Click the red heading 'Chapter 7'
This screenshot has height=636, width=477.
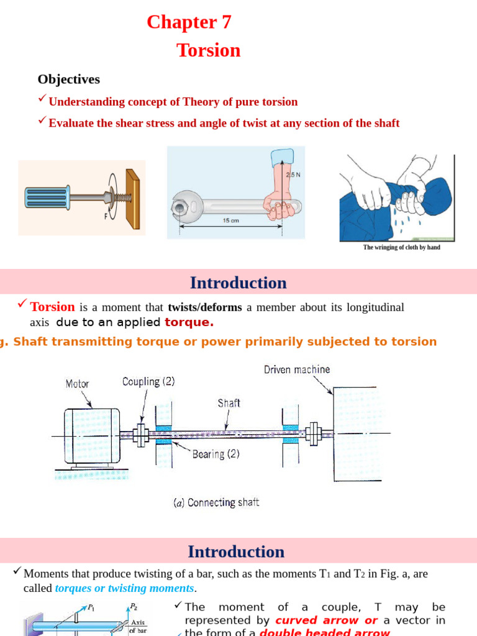click(x=189, y=22)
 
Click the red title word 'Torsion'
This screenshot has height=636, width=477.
click(x=209, y=50)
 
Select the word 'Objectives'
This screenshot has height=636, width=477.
click(x=68, y=79)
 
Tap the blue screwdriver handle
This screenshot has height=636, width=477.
click(x=47, y=198)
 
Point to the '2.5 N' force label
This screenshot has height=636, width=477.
click(x=293, y=175)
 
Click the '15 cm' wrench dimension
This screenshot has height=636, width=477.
click(x=231, y=220)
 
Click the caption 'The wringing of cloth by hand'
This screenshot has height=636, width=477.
click(x=401, y=247)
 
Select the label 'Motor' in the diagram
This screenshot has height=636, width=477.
click(x=77, y=384)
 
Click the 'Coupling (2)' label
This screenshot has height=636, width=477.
click(x=148, y=381)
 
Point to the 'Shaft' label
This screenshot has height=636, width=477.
click(x=229, y=403)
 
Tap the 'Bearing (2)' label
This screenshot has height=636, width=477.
click(x=216, y=454)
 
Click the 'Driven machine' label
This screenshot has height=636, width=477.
click(x=297, y=370)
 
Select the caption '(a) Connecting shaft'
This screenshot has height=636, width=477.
click(x=216, y=502)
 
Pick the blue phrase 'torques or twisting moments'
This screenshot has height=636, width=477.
click(x=125, y=588)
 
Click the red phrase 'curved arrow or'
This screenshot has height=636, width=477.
click(x=326, y=620)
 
